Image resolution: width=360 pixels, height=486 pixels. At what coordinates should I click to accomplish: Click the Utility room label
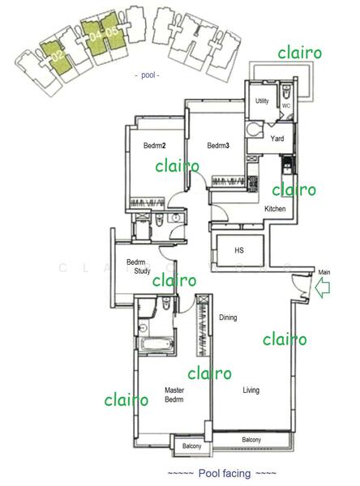click(x=262, y=101)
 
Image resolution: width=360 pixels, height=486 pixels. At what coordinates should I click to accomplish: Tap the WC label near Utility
click(x=285, y=106)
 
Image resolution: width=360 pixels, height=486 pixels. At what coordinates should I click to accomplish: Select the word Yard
click(x=276, y=137)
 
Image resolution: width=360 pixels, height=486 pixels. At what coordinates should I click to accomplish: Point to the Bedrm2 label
click(x=154, y=146)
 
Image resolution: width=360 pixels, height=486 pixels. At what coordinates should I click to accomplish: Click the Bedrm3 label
click(x=218, y=146)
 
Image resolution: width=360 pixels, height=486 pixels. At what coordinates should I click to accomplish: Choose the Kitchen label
click(x=275, y=209)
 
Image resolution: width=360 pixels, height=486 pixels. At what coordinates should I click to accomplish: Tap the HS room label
click(x=239, y=250)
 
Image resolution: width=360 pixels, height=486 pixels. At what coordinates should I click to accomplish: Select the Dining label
click(x=228, y=318)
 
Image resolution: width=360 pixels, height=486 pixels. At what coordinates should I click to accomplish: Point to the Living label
click(x=251, y=391)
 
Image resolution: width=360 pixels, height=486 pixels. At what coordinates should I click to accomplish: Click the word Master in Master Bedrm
click(x=174, y=390)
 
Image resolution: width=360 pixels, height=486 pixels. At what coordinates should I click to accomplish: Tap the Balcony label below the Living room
click(x=251, y=440)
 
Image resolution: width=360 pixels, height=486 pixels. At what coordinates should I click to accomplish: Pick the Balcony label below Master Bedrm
click(x=191, y=447)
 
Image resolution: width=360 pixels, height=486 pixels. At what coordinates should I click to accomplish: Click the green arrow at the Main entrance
click(x=322, y=287)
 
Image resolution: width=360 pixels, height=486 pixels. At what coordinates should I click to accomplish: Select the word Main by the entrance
click(x=324, y=272)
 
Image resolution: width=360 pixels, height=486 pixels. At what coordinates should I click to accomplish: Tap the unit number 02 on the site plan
click(x=55, y=57)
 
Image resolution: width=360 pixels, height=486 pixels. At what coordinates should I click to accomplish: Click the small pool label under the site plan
click(x=147, y=75)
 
